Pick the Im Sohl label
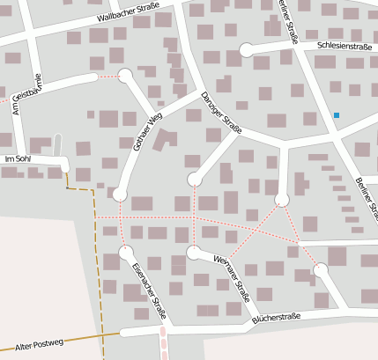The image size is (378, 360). (18, 158)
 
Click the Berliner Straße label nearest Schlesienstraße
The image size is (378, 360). (287, 19)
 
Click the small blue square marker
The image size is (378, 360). (336, 115)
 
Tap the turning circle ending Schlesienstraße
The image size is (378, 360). (246, 49)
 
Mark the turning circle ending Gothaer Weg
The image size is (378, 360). (120, 194)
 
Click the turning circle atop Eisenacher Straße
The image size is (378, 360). (124, 253)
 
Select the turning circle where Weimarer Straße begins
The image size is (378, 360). (194, 253)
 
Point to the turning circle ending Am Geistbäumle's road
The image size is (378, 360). (125, 76)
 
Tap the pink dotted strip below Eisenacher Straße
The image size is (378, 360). (162, 342)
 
